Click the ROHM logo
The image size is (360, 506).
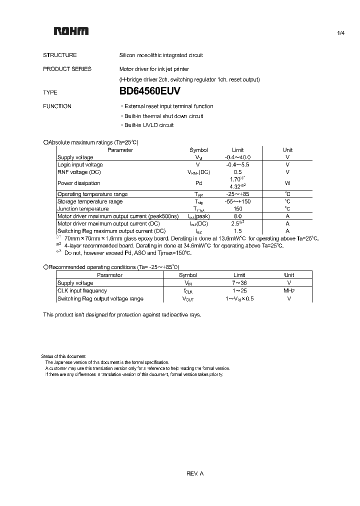71,31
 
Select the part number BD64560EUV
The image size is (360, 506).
149,92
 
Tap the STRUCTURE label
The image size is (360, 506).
60,55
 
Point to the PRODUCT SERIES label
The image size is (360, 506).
67,69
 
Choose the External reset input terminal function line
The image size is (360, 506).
167,106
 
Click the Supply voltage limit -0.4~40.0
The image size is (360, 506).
237,157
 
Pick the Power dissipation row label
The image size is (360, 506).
78,183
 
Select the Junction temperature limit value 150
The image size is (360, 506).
237,209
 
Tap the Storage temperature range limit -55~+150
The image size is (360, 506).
237,201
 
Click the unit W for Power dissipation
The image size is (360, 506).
287,183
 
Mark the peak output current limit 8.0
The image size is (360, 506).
237,216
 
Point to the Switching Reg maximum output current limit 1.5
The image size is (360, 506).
237,231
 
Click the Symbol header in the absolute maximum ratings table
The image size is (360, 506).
198,150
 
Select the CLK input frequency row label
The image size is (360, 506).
82,291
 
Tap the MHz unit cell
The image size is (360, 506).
289,291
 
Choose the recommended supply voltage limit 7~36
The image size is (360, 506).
239,283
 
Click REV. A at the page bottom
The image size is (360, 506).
194,473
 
